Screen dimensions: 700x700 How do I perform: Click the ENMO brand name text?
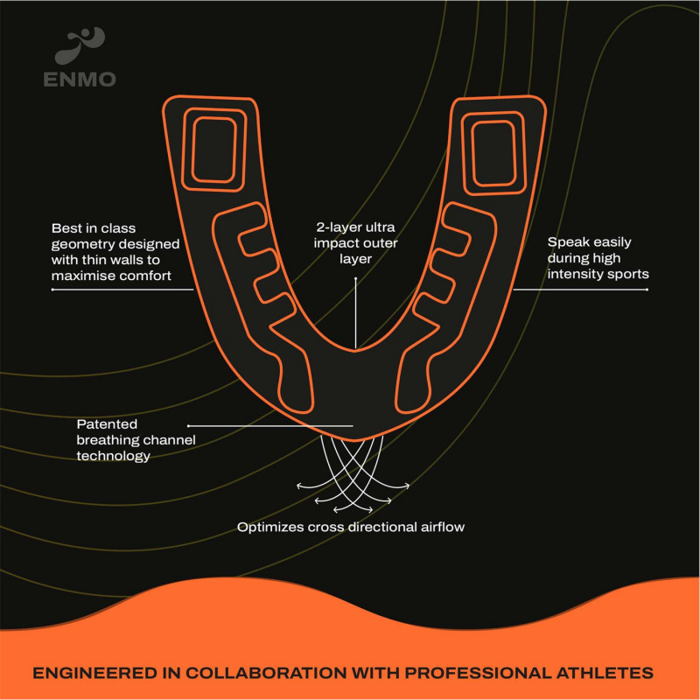tap(80, 80)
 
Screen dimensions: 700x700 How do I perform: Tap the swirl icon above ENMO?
tap(80, 45)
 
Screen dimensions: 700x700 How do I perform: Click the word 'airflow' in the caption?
tap(443, 528)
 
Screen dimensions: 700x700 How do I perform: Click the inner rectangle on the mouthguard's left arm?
tap(213, 150)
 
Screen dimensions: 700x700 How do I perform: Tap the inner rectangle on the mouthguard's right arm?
tap(493, 154)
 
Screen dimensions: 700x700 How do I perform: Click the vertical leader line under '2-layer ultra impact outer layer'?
tap(356, 313)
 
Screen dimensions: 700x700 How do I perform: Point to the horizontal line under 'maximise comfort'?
tap(122, 290)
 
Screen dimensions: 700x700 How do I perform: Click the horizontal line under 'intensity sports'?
tap(580, 290)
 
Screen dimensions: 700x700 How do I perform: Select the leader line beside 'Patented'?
tap(270, 426)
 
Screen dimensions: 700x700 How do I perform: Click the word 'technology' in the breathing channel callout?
tap(114, 456)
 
